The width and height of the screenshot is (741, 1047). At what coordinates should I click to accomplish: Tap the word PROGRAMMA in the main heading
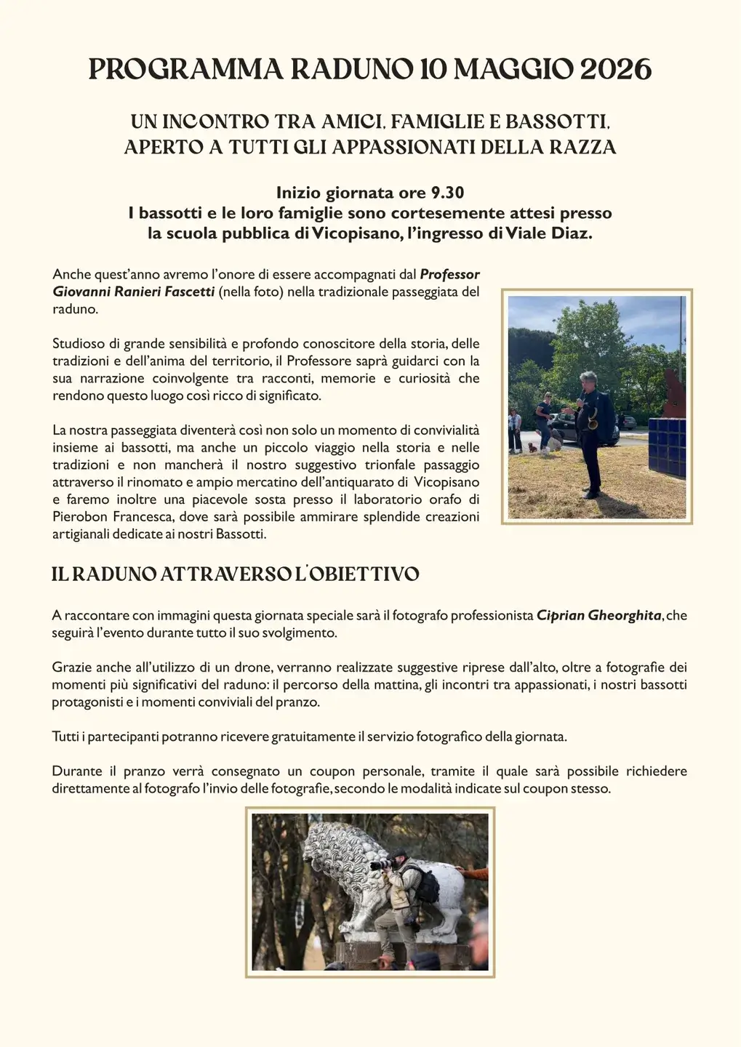pos(185,70)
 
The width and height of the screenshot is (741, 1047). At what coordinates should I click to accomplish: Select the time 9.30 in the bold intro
pos(445,193)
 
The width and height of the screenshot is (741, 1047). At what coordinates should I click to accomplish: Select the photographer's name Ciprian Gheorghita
pos(599,615)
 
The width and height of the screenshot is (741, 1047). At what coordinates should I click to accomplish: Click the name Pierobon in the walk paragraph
pos(77,517)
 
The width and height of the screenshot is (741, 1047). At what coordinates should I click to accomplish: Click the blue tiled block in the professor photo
pos(667,451)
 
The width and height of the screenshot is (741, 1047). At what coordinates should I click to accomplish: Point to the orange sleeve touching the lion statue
pos(474,872)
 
